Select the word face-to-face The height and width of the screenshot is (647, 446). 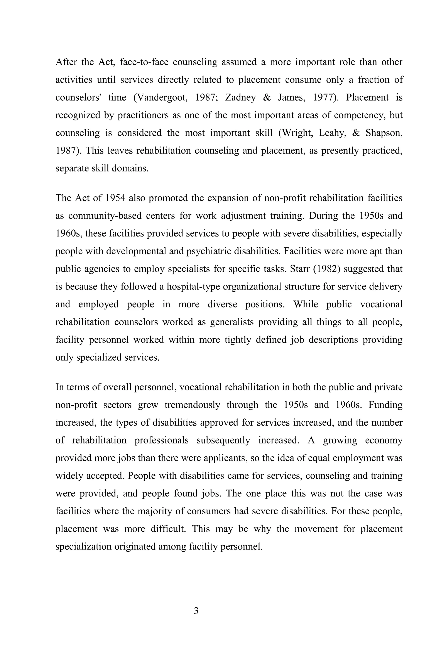[144, 62]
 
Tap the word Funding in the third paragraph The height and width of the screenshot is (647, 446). [385, 405]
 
